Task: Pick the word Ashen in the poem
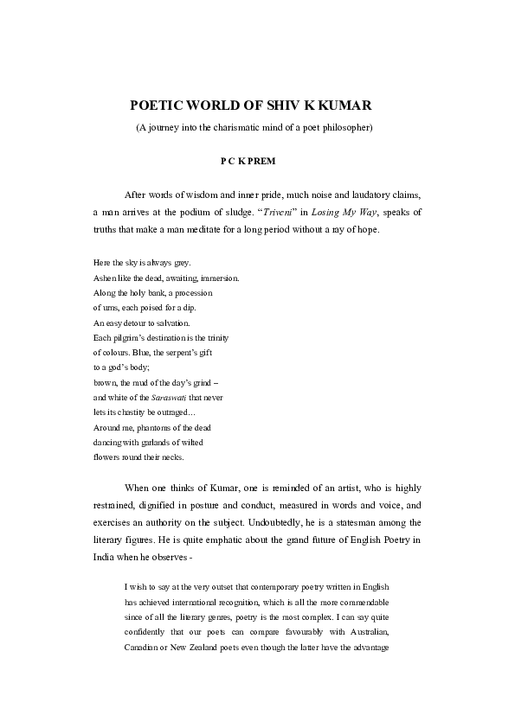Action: pyautogui.click(x=104, y=278)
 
